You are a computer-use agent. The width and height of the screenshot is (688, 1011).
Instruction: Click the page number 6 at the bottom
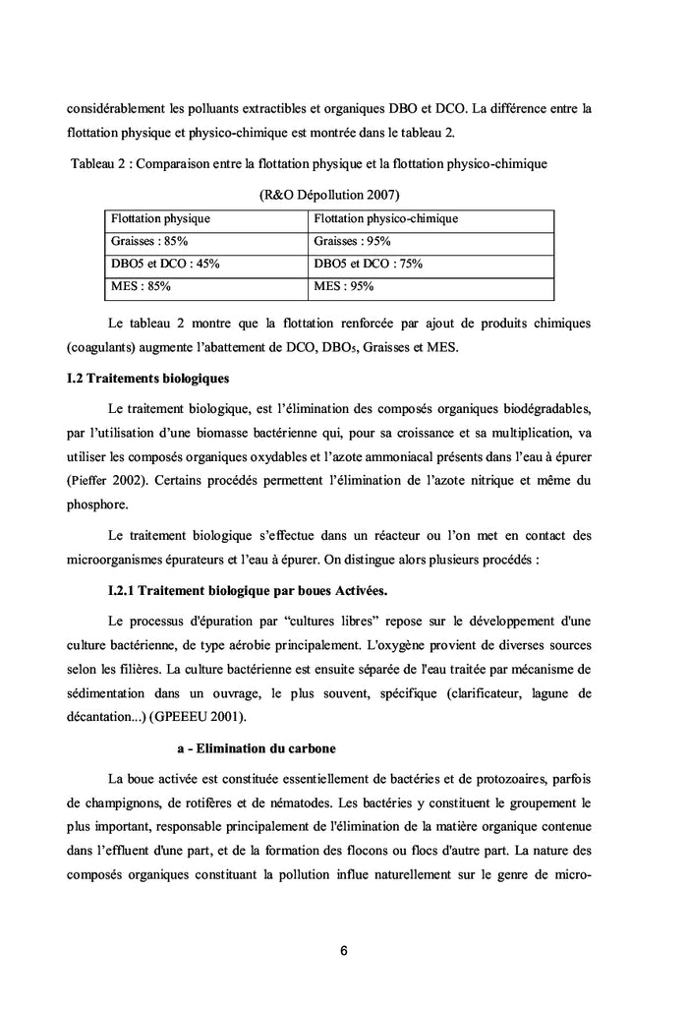pyautogui.click(x=344, y=951)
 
